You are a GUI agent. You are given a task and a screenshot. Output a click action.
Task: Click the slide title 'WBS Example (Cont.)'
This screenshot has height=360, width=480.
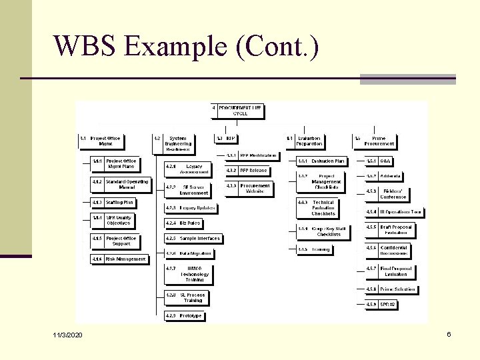point(186,47)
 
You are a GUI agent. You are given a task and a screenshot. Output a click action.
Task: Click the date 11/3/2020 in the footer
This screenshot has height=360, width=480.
point(69,334)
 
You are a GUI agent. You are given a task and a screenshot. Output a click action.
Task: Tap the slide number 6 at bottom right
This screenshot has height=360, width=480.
point(449,333)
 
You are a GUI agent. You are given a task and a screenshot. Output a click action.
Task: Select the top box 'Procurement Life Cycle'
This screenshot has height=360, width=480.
point(237,110)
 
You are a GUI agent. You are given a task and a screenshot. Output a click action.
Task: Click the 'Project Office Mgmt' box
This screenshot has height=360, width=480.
point(102,141)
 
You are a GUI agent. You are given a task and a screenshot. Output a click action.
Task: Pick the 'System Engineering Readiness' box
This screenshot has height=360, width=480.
point(174,144)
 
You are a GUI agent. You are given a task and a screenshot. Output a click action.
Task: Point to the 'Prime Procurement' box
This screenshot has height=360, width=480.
point(375,141)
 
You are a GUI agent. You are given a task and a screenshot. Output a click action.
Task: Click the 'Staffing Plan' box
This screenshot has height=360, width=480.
point(115,202)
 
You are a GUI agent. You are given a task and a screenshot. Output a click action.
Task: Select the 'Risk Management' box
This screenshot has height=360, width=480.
point(119,259)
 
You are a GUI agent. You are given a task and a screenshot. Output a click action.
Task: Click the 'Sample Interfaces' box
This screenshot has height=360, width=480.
point(193,238)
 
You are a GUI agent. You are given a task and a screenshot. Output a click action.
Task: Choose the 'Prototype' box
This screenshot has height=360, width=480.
point(185,315)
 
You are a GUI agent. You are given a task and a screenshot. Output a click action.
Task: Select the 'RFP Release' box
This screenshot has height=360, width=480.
point(247,171)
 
